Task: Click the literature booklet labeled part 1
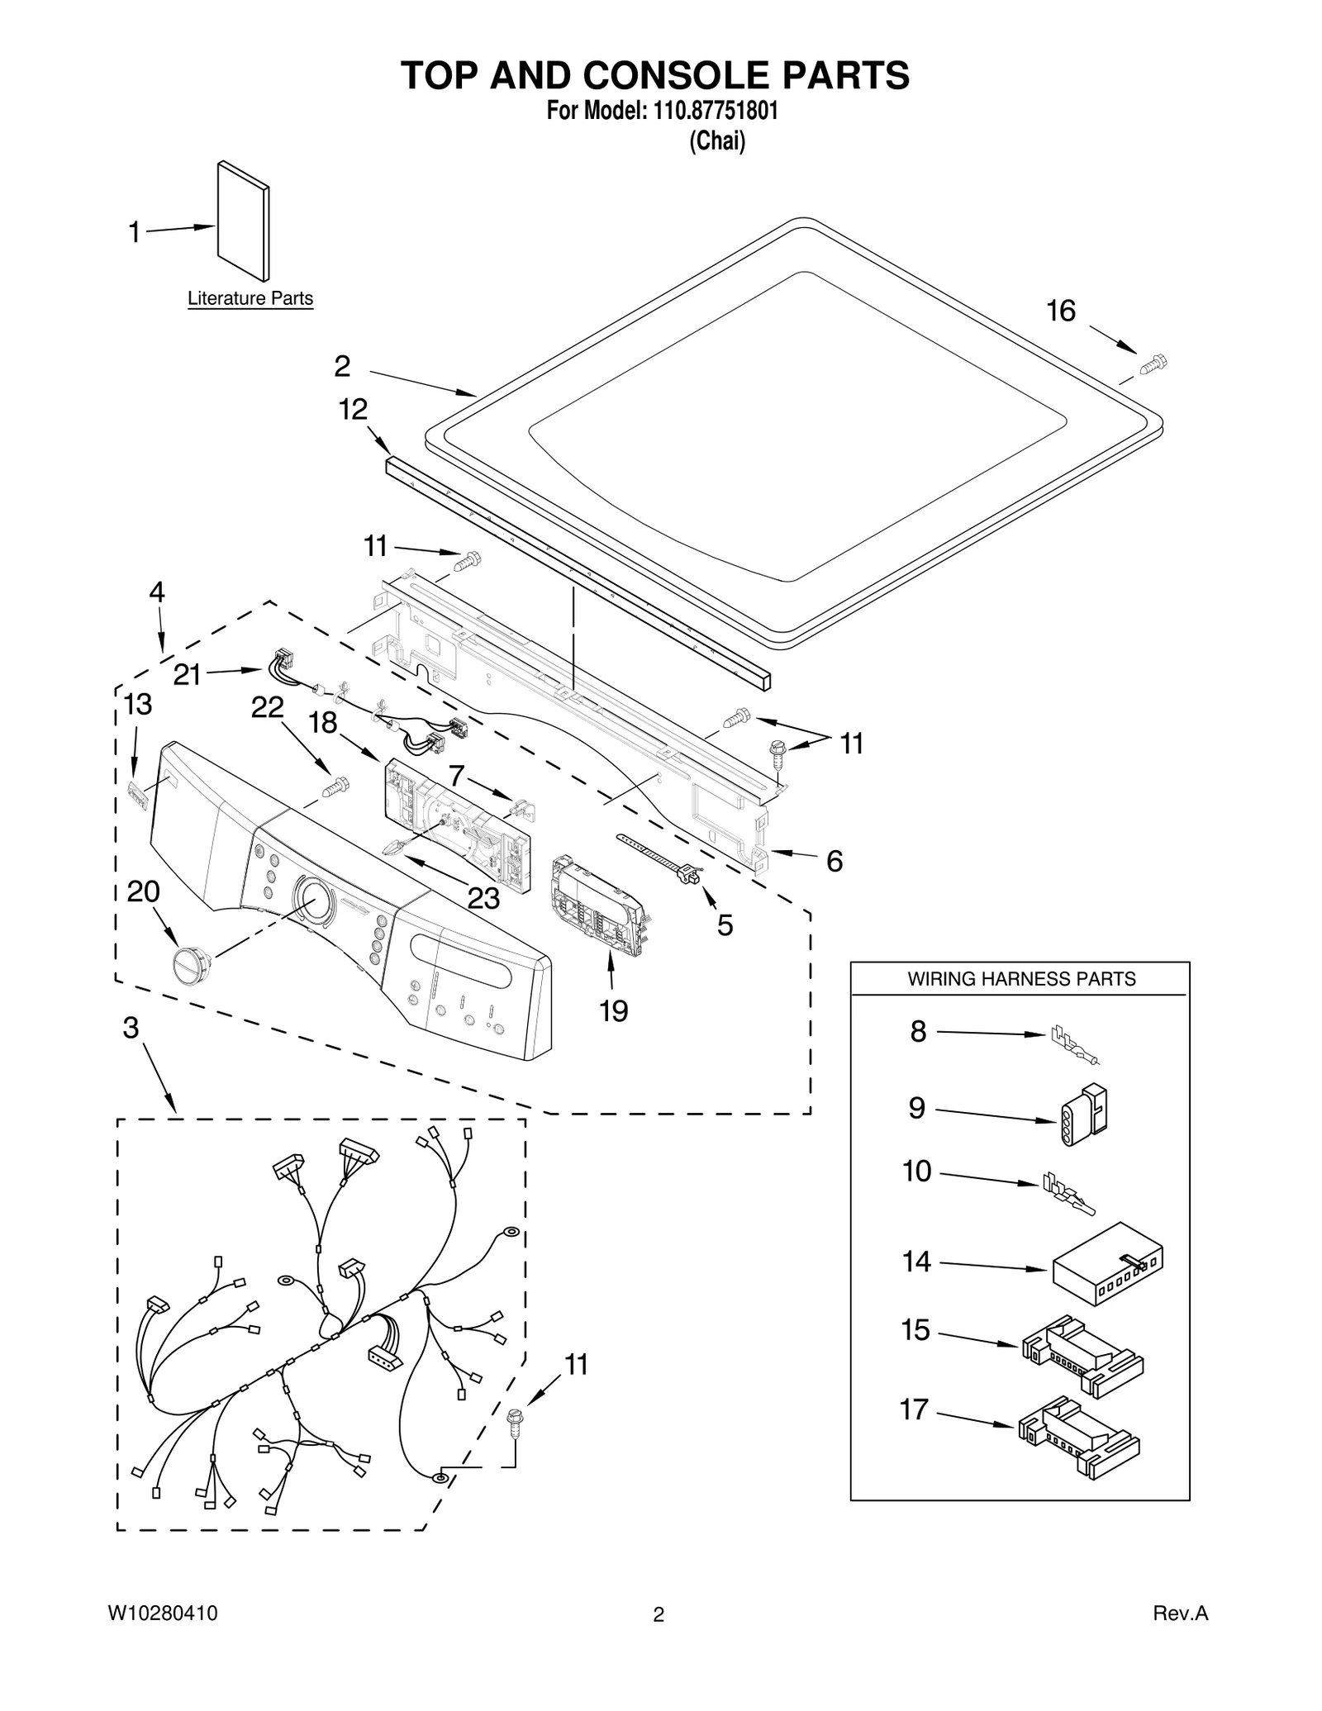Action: [x=243, y=221]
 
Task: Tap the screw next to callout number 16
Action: [x=1153, y=364]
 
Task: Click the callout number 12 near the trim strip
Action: [x=353, y=409]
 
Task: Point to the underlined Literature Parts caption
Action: [x=250, y=298]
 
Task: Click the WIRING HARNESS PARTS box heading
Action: [x=1021, y=979]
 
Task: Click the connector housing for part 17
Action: [x=1079, y=1438]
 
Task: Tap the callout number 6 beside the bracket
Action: [x=835, y=862]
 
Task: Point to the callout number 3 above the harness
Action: [x=131, y=1028]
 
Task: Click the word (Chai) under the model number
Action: [x=717, y=141]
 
